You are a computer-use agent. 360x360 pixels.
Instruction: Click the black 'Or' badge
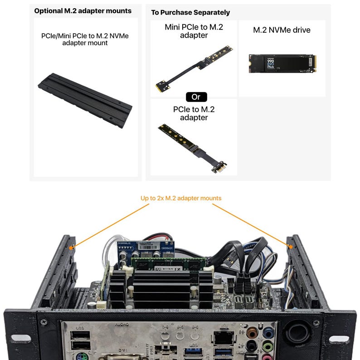(x=196, y=97)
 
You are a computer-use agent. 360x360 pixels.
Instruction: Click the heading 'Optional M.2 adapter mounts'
(x=83, y=11)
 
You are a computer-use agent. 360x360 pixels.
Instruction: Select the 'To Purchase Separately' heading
(x=190, y=12)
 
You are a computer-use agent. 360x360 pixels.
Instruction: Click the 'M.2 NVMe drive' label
(x=282, y=30)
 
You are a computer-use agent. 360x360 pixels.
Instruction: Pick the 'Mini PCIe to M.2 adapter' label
(x=194, y=31)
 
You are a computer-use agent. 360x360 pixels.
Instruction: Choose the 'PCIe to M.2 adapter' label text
(x=194, y=113)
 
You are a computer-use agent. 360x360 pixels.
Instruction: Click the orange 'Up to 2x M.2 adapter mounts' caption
(x=181, y=198)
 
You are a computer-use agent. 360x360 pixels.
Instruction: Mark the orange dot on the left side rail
(x=71, y=248)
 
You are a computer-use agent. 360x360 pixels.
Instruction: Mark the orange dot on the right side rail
(x=290, y=246)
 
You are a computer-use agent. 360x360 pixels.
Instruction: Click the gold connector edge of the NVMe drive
(x=313, y=63)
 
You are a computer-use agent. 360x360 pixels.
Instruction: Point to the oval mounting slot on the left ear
(x=20, y=338)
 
